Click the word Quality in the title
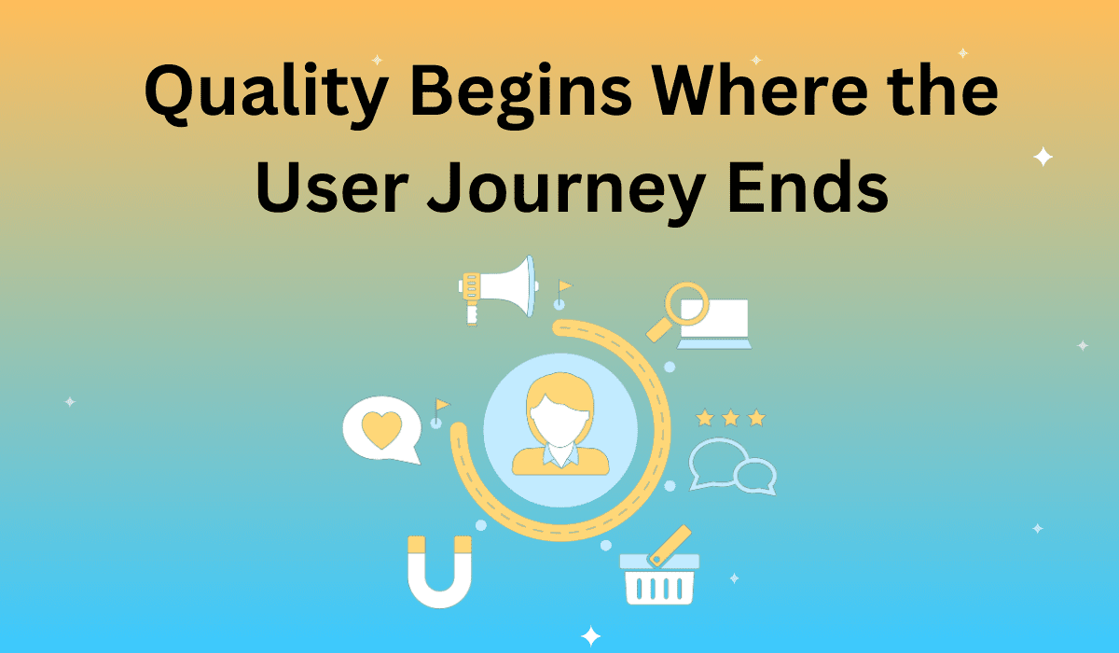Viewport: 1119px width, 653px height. [266, 95]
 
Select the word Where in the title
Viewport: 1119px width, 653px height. [761, 90]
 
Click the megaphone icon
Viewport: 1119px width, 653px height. [498, 290]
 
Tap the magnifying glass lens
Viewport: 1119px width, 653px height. [686, 303]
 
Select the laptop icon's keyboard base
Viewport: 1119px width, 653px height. [714, 343]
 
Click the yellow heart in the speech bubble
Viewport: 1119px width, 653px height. [381, 429]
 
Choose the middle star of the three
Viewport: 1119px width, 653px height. [730, 418]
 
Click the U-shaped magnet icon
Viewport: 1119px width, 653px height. [439, 572]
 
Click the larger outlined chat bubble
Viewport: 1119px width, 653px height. [717, 462]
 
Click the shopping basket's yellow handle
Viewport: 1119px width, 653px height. [670, 546]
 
